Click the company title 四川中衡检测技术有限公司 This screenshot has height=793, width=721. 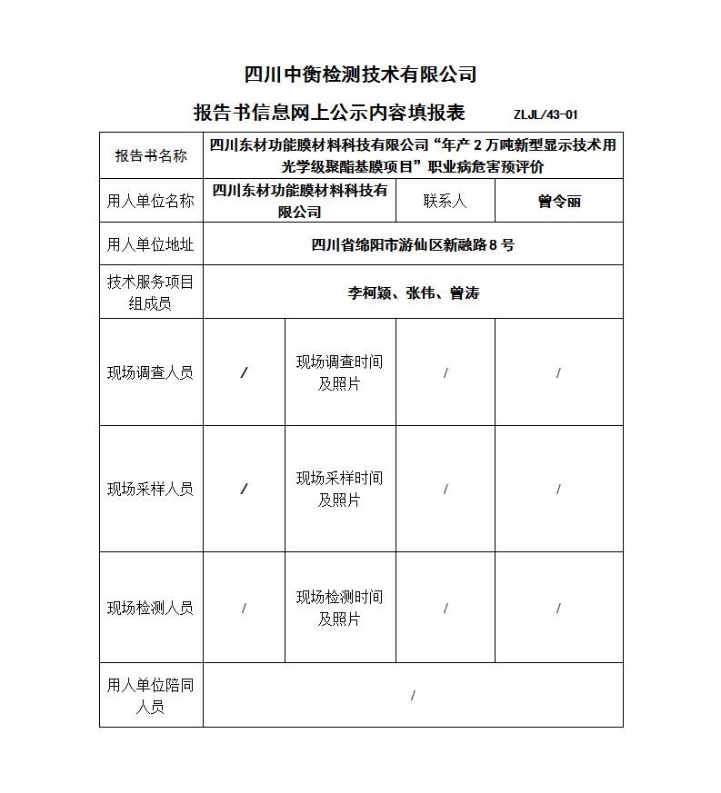click(361, 74)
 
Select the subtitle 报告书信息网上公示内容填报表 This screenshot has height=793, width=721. click(329, 113)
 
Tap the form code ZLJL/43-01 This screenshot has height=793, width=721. click(546, 114)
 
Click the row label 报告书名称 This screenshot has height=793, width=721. click(151, 155)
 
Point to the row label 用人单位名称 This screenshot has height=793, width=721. click(151, 201)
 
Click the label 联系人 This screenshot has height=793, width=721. click(445, 201)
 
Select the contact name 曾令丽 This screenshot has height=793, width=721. click(558, 202)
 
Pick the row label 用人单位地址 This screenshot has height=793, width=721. click(151, 244)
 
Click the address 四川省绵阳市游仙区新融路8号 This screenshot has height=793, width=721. click(412, 244)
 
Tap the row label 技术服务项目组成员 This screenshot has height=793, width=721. click(151, 292)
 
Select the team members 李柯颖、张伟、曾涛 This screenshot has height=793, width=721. click(413, 292)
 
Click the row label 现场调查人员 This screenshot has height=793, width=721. click(151, 372)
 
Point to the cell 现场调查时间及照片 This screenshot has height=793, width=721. click(339, 372)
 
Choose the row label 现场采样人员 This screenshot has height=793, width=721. click(151, 489)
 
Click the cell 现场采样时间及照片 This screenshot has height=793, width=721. click(339, 489)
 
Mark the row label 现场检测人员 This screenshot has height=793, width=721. click(151, 608)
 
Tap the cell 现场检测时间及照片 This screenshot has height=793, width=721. click(339, 608)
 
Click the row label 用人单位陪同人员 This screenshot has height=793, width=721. click(151, 695)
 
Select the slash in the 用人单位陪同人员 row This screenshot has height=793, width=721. click(413, 696)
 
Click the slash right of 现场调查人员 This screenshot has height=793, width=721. click(244, 373)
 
